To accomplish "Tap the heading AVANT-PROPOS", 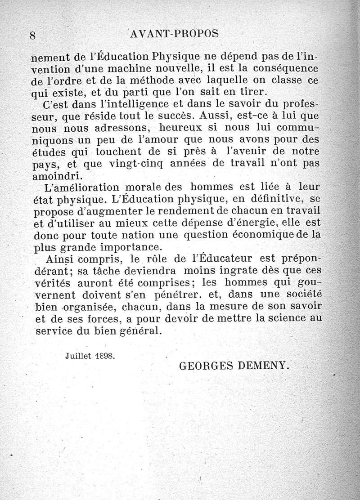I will tap(173, 34).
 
